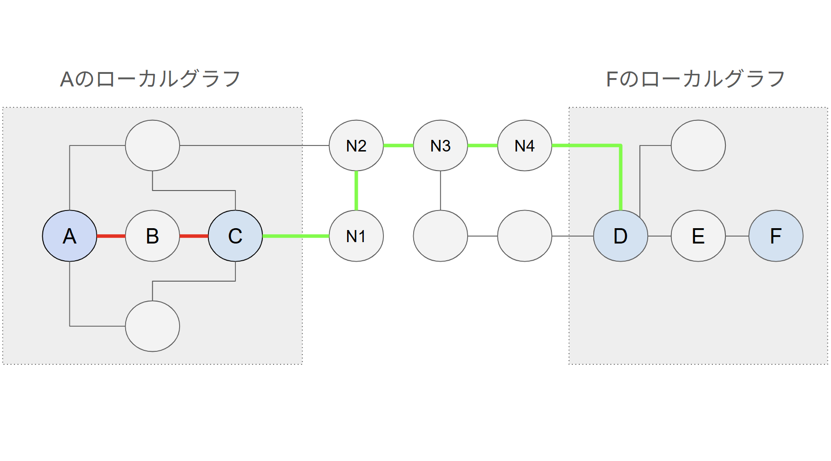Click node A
pos(70,236)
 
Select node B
pos(153,236)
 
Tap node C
pos(235,236)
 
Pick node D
pos(621,236)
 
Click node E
pos(698,236)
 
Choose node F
pos(776,236)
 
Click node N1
pos(356,236)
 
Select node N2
pos(356,145)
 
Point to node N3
pos(441,145)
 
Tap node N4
pos(525,145)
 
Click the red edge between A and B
pos(111,236)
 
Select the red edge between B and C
pos(194,236)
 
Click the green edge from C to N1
pos(296,236)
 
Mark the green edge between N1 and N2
pos(356,191)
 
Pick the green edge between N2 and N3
pos(398,145)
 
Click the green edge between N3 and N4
pos(483,145)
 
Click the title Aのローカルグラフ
pos(150,79)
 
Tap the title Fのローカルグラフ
pos(696,79)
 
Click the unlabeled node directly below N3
pos(441,236)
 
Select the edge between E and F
pos(737,236)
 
